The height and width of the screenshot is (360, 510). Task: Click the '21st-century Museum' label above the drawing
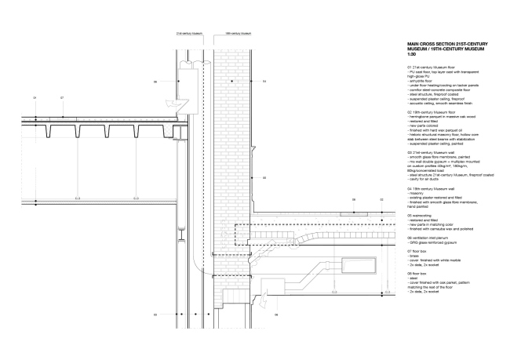[190, 35]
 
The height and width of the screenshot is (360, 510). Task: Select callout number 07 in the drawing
[62, 98]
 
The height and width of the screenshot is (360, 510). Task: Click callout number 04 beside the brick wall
[264, 81]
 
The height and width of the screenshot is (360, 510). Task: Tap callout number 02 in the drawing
[381, 201]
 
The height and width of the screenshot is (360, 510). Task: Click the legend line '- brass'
[414, 256]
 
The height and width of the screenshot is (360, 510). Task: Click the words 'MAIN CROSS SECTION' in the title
[431, 44]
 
